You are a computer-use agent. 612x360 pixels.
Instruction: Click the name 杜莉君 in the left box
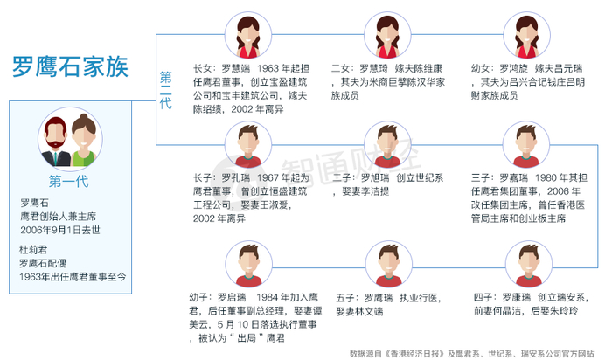pos(34,247)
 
